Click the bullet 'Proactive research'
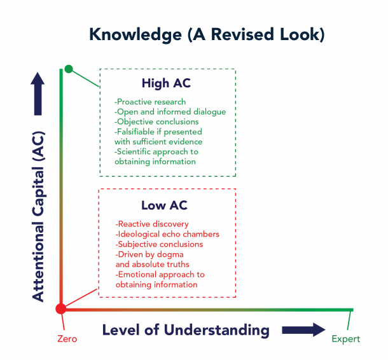click(151, 102)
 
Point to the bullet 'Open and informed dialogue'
click(170, 112)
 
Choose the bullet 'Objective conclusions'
click(157, 121)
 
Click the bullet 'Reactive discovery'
click(153, 224)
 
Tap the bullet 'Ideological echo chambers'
click(168, 234)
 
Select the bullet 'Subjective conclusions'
click(160, 244)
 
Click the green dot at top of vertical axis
click(69, 69)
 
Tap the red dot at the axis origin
click(61, 309)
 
